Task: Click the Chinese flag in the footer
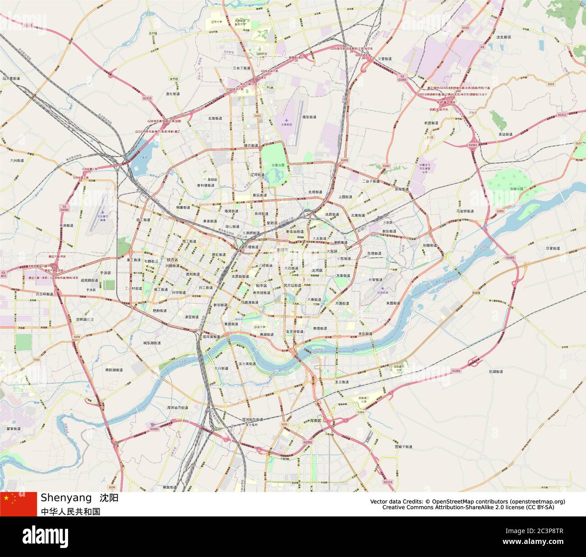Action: [x=18, y=504]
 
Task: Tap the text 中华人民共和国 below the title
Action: [x=70, y=511]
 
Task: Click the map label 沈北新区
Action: [x=503, y=37]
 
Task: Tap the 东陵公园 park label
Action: [x=516, y=189]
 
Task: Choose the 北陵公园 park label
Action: [x=278, y=165]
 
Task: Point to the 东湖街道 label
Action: [x=496, y=372]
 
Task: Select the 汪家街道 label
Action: [x=553, y=248]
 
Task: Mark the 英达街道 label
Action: [x=505, y=134]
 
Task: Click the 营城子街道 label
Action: [x=403, y=447]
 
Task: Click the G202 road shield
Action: [x=500, y=211]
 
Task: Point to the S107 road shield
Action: [x=578, y=143]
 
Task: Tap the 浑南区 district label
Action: [x=316, y=420]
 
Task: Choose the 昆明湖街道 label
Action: [x=85, y=319]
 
